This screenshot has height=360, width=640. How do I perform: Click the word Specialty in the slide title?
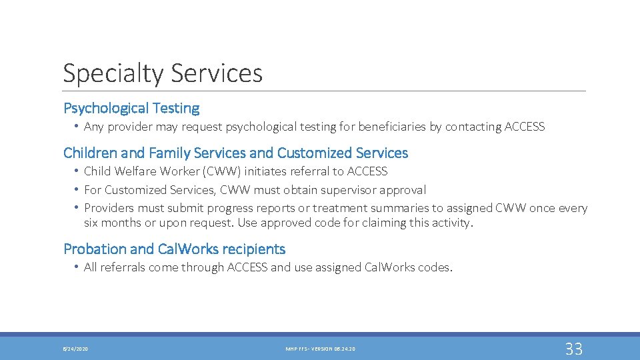pyautogui.click(x=111, y=73)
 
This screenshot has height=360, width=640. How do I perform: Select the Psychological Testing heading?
pyautogui.click(x=131, y=108)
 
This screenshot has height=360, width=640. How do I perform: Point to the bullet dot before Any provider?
pyautogui.click(x=77, y=127)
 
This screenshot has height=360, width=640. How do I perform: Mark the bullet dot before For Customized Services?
pyautogui.click(x=77, y=190)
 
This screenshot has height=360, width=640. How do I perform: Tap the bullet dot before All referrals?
pyautogui.click(x=77, y=267)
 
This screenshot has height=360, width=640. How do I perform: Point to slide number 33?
pyautogui.click(x=573, y=349)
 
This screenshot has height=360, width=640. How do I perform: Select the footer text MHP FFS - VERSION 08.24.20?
pyautogui.click(x=320, y=349)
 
